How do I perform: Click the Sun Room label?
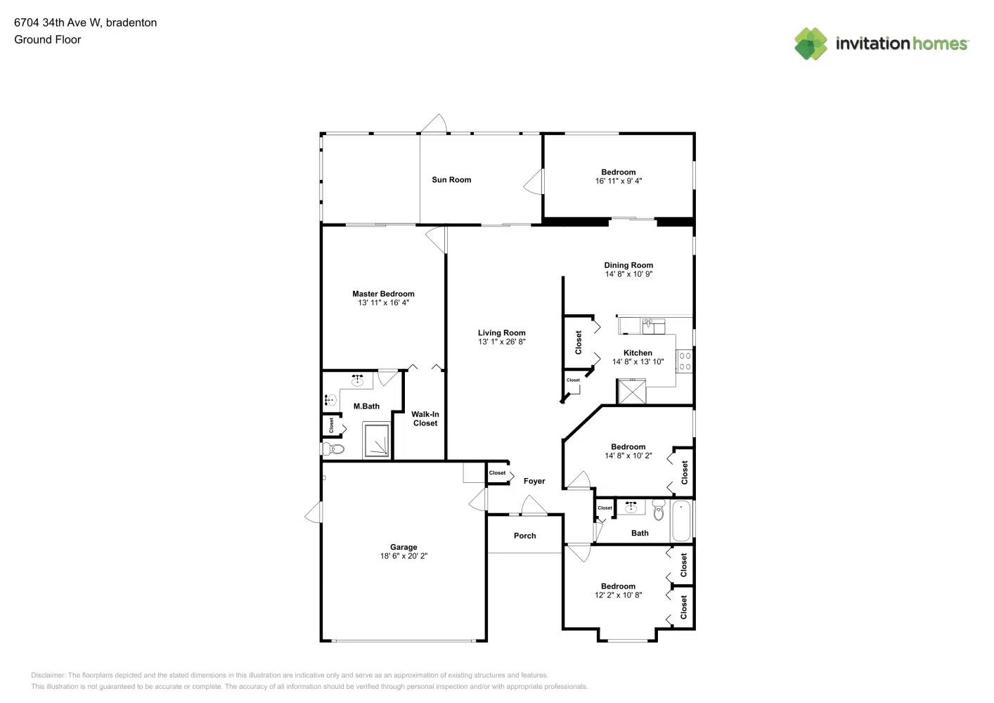[451, 180]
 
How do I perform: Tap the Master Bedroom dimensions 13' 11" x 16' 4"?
[383, 303]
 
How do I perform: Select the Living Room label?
[501, 333]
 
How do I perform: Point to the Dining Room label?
[628, 265]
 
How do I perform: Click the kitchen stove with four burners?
[684, 361]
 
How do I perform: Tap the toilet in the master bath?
[333, 449]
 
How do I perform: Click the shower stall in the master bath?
[376, 440]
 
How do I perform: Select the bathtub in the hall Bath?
[681, 521]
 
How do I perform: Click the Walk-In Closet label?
[425, 419]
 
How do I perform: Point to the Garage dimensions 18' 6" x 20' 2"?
[404, 556]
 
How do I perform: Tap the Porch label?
[524, 536]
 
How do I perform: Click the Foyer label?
[534, 481]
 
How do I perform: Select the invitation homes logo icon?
[811, 44]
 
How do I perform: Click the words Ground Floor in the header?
[47, 39]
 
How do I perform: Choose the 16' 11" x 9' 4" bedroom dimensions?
[619, 181]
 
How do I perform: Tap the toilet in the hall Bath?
[658, 510]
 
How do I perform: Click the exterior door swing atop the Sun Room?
[434, 124]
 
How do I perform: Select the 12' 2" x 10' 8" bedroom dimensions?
[618, 595]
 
